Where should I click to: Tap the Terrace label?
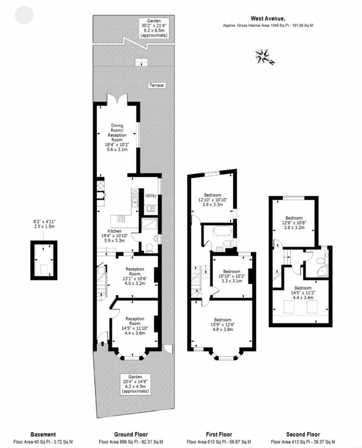[156, 85]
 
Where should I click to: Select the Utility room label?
[151, 196]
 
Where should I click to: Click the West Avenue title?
[268, 19]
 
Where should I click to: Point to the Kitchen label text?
[114, 231]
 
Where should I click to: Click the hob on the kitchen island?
[121, 219]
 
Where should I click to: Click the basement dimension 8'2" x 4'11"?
[44, 222]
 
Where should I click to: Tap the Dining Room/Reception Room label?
[117, 133]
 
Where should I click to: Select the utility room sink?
[151, 208]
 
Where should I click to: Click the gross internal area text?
[268, 26]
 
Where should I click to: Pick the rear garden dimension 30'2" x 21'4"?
[154, 26]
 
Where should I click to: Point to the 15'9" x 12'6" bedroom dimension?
[223, 324]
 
